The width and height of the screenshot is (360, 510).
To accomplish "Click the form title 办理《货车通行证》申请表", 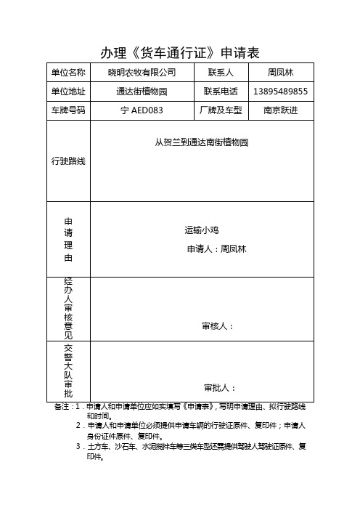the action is click(179, 52).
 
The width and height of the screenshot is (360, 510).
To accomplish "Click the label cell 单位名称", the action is click(68, 73).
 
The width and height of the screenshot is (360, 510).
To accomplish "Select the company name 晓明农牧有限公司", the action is click(142, 73).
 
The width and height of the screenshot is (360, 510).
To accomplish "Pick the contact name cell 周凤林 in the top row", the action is click(280, 73).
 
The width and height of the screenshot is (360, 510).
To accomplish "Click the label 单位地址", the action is click(68, 92).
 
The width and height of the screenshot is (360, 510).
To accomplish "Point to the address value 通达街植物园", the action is click(142, 92).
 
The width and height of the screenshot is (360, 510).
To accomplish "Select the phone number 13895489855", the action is click(281, 92).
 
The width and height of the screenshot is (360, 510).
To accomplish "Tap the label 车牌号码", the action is click(68, 110).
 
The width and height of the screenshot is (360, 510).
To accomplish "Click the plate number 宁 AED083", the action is click(142, 110).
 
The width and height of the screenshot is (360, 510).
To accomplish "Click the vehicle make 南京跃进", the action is click(280, 110).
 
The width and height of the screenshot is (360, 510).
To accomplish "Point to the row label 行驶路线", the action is click(68, 161).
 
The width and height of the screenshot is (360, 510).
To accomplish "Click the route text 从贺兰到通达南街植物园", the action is click(202, 143).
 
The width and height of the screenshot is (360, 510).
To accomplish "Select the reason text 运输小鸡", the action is click(202, 230).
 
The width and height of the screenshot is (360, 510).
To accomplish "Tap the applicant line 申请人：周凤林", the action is click(217, 249).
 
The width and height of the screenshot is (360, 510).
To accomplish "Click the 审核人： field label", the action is click(218, 326).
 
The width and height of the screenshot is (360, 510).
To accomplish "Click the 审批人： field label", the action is click(219, 387).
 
